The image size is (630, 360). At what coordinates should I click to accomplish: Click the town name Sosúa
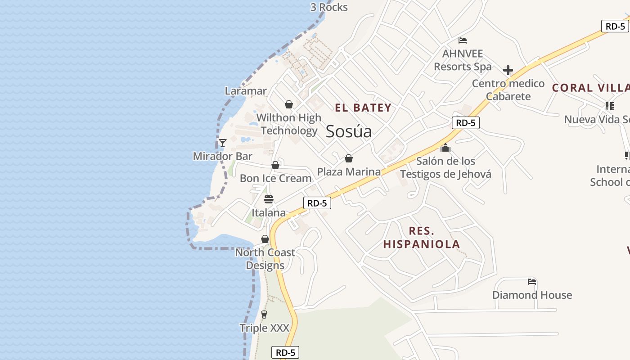[x=349, y=131]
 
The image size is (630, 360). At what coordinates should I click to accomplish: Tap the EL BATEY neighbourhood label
[x=363, y=108]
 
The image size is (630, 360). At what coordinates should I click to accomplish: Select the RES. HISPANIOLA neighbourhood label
[x=422, y=238]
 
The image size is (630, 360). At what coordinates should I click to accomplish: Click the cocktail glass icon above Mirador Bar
[x=222, y=143]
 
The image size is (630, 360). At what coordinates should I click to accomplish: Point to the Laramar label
[x=246, y=91]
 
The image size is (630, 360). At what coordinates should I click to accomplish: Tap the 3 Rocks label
[x=329, y=7]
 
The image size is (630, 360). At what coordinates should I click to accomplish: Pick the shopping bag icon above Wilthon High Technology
[x=289, y=104]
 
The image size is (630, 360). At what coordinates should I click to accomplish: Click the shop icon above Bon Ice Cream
[x=275, y=165]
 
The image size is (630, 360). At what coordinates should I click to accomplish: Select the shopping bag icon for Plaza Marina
[x=348, y=158]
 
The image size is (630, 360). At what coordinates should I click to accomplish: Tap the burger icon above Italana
[x=269, y=199]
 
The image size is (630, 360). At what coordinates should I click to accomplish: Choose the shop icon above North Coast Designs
[x=265, y=239]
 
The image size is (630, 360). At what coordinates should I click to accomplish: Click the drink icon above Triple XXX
[x=264, y=315]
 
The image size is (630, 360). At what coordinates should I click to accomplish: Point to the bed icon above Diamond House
[x=532, y=282]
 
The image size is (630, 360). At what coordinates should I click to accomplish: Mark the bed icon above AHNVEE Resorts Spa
[x=463, y=40]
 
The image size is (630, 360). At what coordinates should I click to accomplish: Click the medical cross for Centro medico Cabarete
[x=508, y=70]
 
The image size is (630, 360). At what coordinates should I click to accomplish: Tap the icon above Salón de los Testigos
[x=445, y=148]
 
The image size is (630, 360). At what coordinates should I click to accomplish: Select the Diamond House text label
[x=532, y=295]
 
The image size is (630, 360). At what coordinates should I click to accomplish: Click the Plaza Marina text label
[x=349, y=171]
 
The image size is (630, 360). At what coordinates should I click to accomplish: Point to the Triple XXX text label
[x=264, y=328]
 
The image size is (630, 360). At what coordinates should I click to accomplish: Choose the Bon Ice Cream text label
[x=275, y=178]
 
